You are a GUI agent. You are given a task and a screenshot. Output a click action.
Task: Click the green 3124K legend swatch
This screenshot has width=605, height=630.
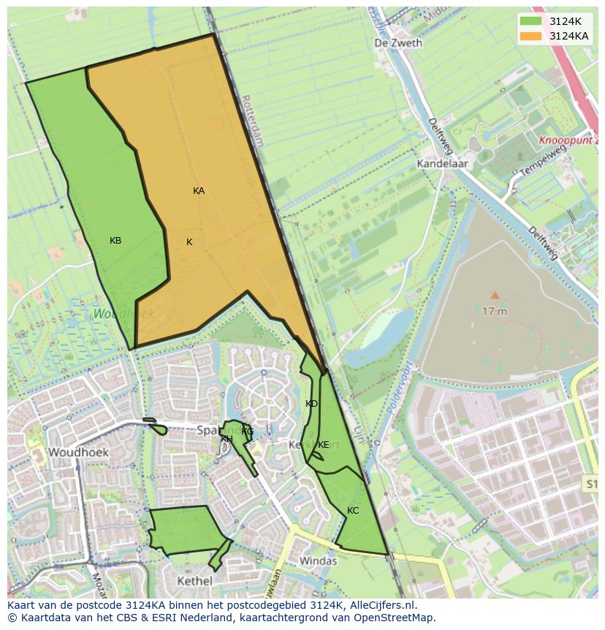tap(530, 21)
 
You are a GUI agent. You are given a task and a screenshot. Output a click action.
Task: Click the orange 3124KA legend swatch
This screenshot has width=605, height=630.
tap(530, 36)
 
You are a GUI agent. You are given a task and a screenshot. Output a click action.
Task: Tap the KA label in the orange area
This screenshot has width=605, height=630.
tap(199, 191)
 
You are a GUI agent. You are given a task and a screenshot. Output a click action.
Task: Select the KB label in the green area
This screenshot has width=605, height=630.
tap(115, 241)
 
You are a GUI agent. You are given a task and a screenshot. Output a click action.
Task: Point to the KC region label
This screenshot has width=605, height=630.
tap(353, 511)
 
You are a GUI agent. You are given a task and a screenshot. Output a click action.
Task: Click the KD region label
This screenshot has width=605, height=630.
tap(311, 404)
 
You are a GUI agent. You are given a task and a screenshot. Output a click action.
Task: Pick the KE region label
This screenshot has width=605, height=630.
tap(323, 445)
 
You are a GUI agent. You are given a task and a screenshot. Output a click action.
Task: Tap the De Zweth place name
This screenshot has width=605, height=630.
tap(398, 43)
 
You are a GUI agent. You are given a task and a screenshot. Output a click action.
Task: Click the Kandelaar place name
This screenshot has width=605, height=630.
tap(442, 164)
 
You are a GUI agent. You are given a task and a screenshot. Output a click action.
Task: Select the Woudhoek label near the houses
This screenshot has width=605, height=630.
tap(78, 452)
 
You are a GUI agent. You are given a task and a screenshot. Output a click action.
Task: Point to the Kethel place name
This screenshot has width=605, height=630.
tap(194, 581)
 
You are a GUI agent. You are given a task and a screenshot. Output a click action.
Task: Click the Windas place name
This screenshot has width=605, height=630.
tap(318, 561)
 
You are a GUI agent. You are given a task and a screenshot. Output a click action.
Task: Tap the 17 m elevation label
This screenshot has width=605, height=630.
tap(495, 311)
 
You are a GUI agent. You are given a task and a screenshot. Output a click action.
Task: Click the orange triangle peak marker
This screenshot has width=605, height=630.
tap(495, 296)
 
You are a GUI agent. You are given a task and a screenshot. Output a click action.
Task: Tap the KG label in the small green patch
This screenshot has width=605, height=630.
tap(247, 432)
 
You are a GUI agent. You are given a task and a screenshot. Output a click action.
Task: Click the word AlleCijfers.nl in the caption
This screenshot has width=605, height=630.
tap(383, 605)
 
